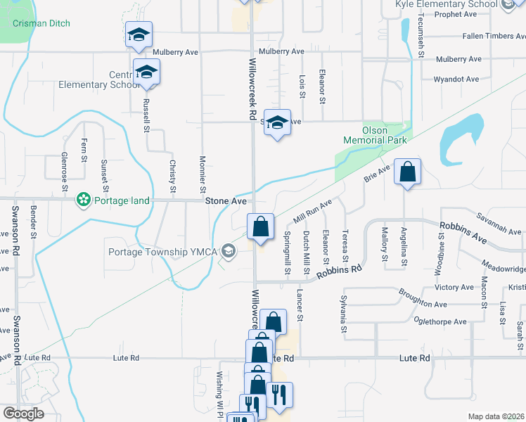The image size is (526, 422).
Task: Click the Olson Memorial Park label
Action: (x=375, y=135)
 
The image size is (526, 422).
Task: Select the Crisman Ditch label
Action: (x=41, y=23)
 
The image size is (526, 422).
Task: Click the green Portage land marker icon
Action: (x=84, y=200)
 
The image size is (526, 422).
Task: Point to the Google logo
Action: (x=23, y=414)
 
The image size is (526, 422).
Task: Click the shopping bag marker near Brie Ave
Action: (x=407, y=172)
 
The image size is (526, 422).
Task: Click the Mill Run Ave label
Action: (x=312, y=208)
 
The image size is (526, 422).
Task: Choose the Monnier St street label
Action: (x=203, y=174)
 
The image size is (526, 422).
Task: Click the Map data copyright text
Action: (x=496, y=416)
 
